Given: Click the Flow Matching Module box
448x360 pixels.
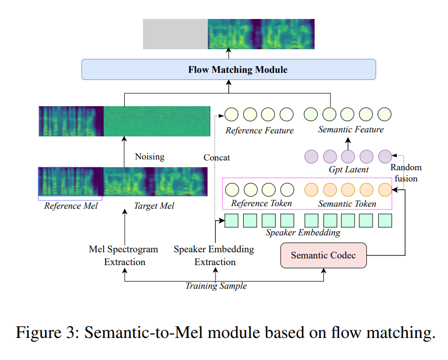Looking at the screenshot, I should tap(229, 69).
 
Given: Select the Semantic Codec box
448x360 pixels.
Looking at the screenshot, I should tap(323, 255).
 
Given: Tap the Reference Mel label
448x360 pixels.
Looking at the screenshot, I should tap(70, 206).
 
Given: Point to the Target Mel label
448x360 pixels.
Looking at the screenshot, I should tap(154, 206).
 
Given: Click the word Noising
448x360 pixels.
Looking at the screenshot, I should tap(149, 156).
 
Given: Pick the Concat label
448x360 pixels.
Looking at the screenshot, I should tap(217, 157).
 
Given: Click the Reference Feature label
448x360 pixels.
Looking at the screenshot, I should tap(260, 131).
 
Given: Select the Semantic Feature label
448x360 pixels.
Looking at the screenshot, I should tap(350, 130).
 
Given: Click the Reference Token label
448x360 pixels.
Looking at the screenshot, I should tap(262, 204).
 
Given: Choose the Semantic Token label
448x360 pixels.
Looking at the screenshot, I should tap(347, 204).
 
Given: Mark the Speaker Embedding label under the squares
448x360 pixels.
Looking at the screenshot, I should tap(303, 232).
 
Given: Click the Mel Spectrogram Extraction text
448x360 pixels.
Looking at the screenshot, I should tap(124, 255).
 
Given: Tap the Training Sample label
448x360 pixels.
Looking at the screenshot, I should tap(216, 286).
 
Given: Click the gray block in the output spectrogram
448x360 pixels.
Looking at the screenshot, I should tap(175, 34).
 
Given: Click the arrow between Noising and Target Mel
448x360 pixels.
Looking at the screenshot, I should tap(124, 151).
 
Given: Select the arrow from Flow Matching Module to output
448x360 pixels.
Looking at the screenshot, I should tap(229, 54).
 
